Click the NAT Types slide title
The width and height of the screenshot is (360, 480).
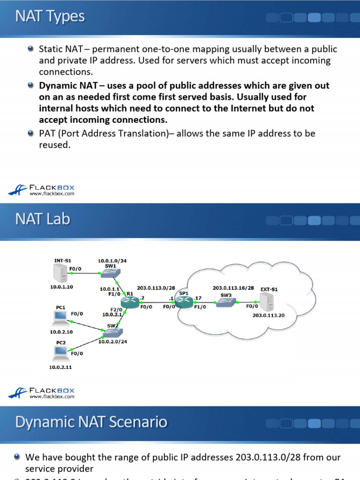coord(50,17)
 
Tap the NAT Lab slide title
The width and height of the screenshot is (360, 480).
coord(42,219)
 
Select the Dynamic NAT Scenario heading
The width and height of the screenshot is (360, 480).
coord(91,422)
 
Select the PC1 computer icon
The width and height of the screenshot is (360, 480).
coord(60,317)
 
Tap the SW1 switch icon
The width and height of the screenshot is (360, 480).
coord(112,272)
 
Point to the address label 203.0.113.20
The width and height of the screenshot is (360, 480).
coord(268,315)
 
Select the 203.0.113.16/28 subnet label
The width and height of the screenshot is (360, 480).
coord(233,288)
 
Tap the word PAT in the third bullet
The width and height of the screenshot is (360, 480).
coord(47,134)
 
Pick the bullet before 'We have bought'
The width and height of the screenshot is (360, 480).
coord(17,457)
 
